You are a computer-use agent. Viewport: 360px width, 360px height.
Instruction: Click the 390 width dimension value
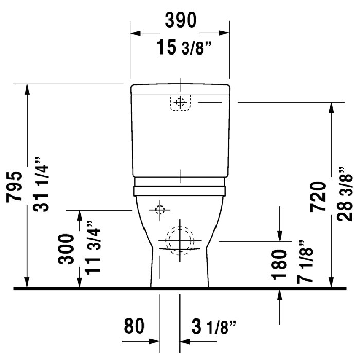click(x=180, y=22)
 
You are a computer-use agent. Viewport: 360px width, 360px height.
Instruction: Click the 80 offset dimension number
click(x=134, y=326)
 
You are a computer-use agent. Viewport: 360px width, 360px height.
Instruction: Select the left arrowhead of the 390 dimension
click(x=135, y=34)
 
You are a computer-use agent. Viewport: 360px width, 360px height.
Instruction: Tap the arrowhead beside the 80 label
click(x=154, y=340)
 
